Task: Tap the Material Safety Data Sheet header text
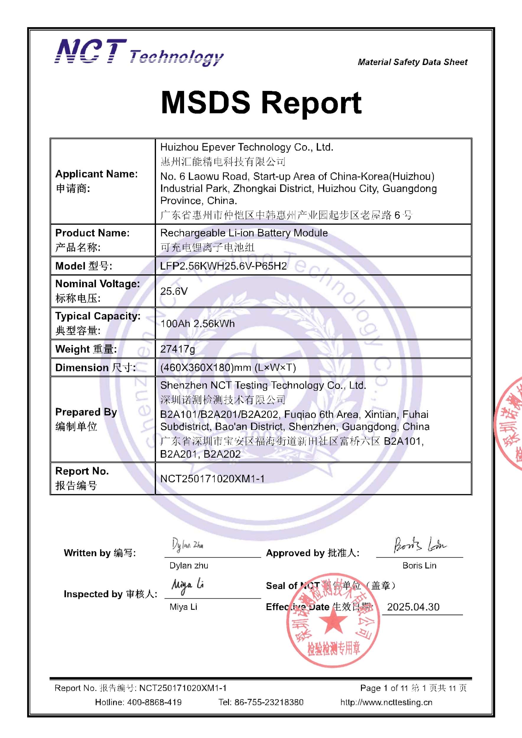click(x=412, y=62)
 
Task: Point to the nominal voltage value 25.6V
click(x=174, y=291)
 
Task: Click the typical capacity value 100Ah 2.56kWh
click(x=197, y=323)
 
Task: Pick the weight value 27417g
click(x=178, y=349)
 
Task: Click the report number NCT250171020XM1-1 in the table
click(x=212, y=479)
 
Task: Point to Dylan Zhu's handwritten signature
click(x=187, y=545)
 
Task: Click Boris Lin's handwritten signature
click(x=419, y=544)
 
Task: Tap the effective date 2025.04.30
click(x=413, y=607)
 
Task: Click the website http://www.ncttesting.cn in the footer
click(x=386, y=702)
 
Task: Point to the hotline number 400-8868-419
click(x=154, y=702)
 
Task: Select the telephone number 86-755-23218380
click(x=269, y=702)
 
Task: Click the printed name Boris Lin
click(x=419, y=566)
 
